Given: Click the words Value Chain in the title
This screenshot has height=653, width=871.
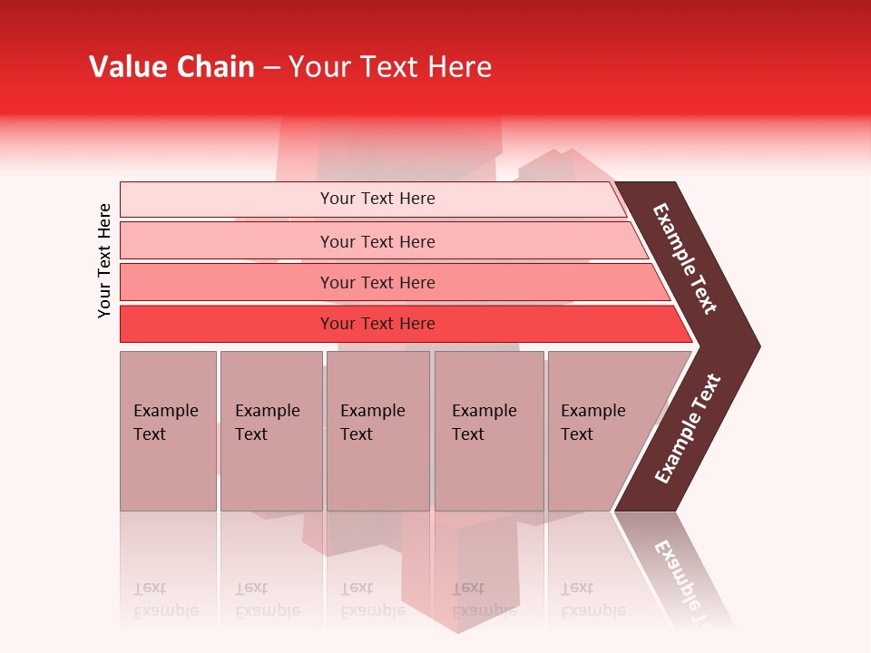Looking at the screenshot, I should coord(171,67).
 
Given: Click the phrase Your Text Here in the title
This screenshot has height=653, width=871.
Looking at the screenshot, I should coord(390,67).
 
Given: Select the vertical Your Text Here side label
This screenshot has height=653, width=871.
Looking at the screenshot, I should coord(104,260).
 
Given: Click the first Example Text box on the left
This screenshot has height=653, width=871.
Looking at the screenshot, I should coord(168,431).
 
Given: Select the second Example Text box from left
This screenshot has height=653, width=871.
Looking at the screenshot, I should coord(271,431).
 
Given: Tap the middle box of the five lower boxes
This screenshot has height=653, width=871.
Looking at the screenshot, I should coord(377,431).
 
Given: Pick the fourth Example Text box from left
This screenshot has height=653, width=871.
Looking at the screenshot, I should coord(488,431).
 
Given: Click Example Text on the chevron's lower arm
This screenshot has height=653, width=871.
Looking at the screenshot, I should coord(688,429).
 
